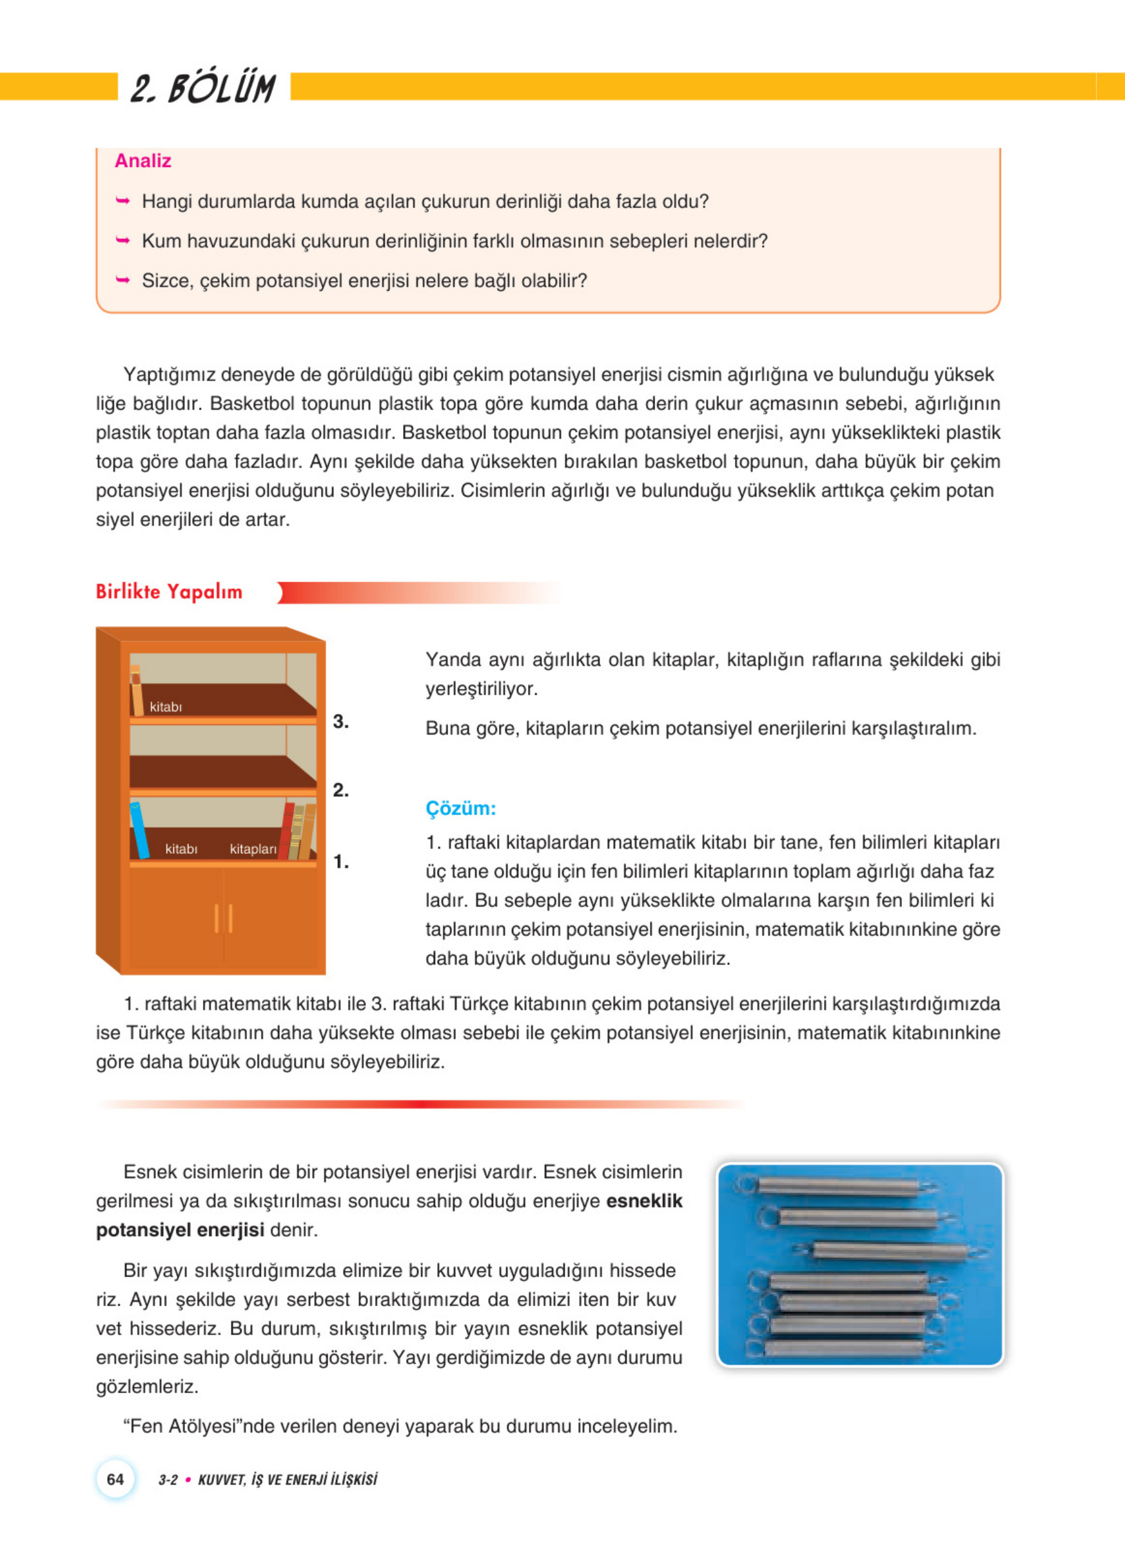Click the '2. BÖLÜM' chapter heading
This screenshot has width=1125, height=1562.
[x=203, y=88]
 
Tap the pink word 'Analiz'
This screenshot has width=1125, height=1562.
[x=142, y=160]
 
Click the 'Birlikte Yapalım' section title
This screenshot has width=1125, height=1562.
[x=169, y=592]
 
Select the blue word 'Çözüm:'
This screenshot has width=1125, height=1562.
[x=460, y=808]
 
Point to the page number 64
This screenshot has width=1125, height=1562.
[x=115, y=1479]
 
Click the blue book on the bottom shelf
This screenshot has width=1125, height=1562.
[x=139, y=830]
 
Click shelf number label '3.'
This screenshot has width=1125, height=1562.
[x=340, y=721]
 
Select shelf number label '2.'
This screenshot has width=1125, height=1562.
[x=340, y=790]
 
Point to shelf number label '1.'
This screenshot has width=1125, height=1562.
[x=340, y=861]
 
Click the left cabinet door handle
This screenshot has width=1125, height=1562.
[x=217, y=918]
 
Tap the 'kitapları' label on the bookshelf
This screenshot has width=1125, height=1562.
[x=253, y=849]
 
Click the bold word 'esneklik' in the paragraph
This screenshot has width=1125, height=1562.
[x=644, y=1200]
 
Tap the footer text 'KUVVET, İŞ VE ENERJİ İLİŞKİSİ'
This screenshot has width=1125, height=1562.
[x=288, y=1480]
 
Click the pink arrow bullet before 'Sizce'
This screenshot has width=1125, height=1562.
[x=122, y=280]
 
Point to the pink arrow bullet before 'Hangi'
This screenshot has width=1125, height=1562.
[x=122, y=201]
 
